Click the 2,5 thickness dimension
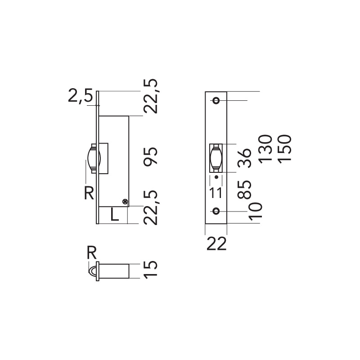[x=80, y=96]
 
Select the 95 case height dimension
[x=151, y=156]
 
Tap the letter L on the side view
[x=115, y=215]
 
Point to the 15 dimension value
[x=151, y=269]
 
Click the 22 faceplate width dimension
[x=216, y=244]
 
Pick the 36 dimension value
[x=243, y=158]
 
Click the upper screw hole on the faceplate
[x=217, y=100]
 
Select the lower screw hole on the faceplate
[x=217, y=211]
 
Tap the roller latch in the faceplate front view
[x=216, y=158]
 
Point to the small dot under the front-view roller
[x=216, y=178]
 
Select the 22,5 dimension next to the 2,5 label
[x=151, y=96]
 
